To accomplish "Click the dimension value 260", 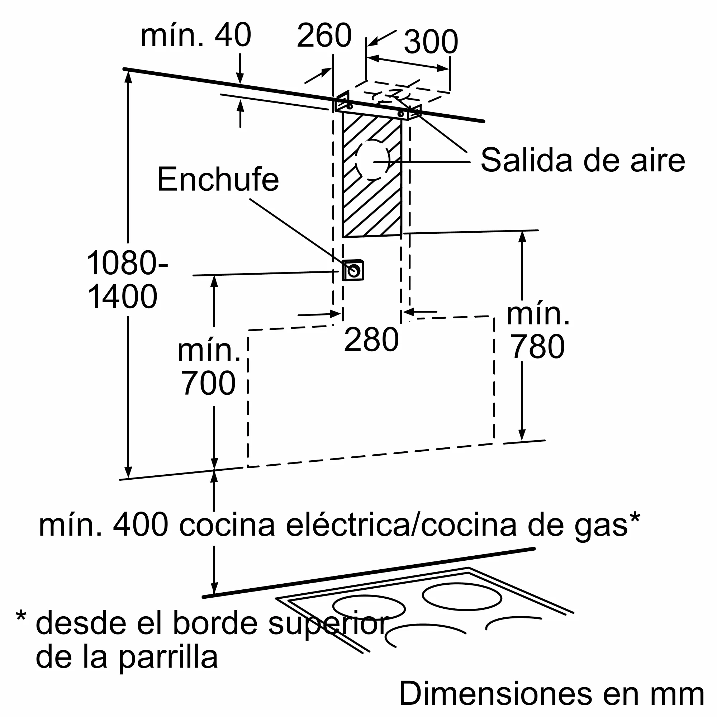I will pos(324,35).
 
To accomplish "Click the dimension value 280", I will pos(371,340).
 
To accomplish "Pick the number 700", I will pos(208,383).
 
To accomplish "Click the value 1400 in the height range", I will pos(122,296).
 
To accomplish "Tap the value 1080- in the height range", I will pos(127,263).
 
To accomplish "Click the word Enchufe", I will pos(218,180).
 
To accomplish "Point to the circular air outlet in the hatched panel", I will pos(372,160).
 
